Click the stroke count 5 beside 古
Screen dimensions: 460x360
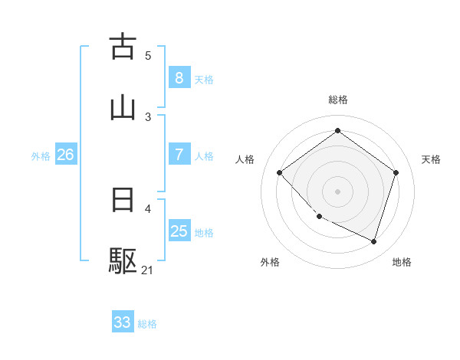(148, 55)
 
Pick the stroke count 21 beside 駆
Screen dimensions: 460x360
(148, 270)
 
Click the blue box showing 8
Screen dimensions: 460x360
(179, 77)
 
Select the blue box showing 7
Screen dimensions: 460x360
(179, 155)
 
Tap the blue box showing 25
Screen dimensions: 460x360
(179, 231)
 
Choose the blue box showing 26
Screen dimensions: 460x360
(65, 155)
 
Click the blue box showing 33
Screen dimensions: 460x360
(123, 322)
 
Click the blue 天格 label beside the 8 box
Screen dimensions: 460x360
(204, 79)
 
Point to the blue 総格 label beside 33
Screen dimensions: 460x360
(147, 324)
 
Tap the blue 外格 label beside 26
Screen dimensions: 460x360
(41, 156)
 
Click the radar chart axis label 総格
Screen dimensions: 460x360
(337, 100)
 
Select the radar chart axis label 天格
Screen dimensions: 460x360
(431, 159)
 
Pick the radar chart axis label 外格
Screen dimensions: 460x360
(270, 262)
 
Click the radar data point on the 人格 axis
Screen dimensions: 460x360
(280, 173)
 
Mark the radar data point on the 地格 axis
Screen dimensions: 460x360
(373, 241)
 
